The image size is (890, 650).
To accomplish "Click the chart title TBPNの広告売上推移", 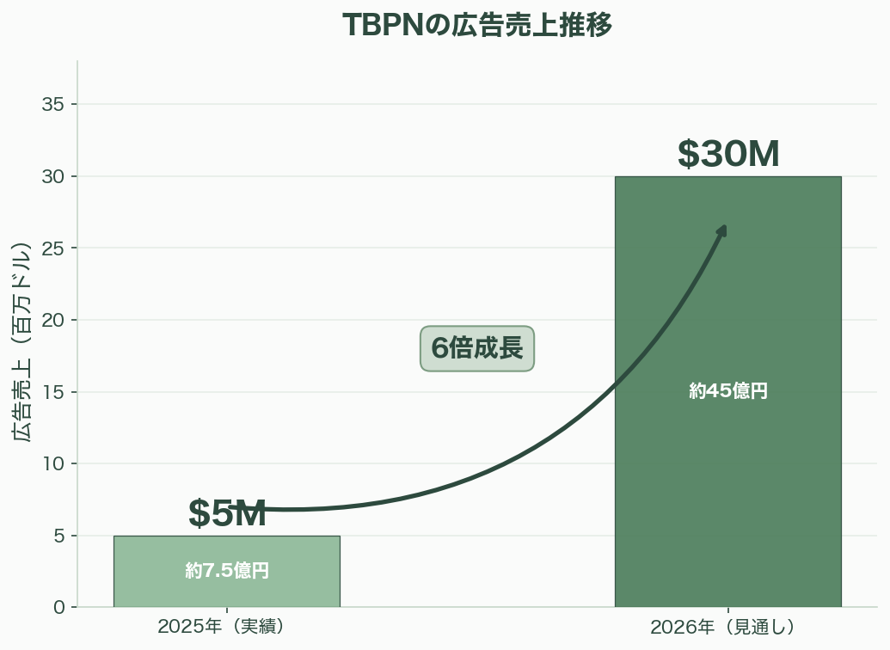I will click(x=477, y=26).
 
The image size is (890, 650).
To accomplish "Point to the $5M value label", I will click(x=227, y=514).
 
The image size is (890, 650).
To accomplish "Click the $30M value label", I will click(x=727, y=155).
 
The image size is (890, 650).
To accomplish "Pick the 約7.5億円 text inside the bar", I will click(x=227, y=571).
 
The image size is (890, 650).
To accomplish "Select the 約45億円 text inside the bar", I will click(x=727, y=391).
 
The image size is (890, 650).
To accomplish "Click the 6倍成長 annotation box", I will click(x=477, y=349).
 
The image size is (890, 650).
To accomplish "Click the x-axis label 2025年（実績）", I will click(x=221, y=627).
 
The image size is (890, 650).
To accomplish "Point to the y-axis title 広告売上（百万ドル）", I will click(x=22, y=341).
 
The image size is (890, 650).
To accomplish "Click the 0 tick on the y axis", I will click(x=59, y=608).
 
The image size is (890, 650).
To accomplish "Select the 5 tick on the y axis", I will click(x=59, y=536).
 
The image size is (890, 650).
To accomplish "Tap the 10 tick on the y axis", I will click(x=54, y=464).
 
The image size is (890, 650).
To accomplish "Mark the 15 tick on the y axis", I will click(x=54, y=392).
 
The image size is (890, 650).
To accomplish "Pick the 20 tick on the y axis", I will click(x=54, y=320).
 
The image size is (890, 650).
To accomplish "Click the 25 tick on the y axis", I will click(x=54, y=248).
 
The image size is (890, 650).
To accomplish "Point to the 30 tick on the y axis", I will click(x=54, y=176).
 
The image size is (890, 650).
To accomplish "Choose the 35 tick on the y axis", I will click(x=54, y=105).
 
